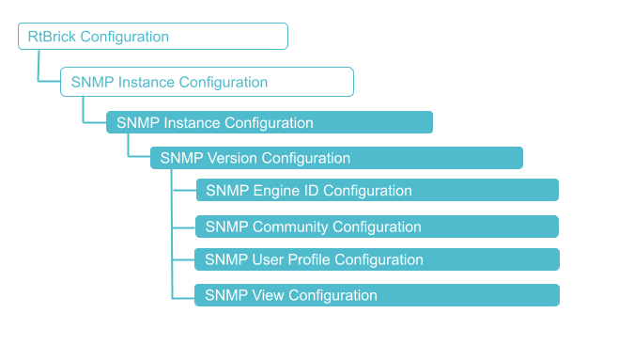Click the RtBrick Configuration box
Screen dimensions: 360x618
pyautogui.click(x=152, y=37)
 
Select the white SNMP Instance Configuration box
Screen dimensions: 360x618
pyautogui.click(x=207, y=82)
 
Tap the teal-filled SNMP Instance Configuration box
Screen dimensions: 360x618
pyautogui.click(x=269, y=123)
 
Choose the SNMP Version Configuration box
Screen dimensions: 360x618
pyautogui.click(x=336, y=158)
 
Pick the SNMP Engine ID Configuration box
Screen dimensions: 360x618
pyautogui.click(x=377, y=191)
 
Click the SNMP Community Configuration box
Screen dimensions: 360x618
pyautogui.click(x=377, y=227)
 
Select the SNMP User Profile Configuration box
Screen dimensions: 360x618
pyautogui.click(x=377, y=259)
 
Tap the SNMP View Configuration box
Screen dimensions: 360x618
pyautogui.click(x=377, y=295)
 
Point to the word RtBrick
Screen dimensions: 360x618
pyautogui.click(x=52, y=37)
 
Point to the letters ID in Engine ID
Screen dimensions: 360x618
pyautogui.click(x=312, y=191)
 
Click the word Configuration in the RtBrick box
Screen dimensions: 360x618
pyautogui.click(x=124, y=37)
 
